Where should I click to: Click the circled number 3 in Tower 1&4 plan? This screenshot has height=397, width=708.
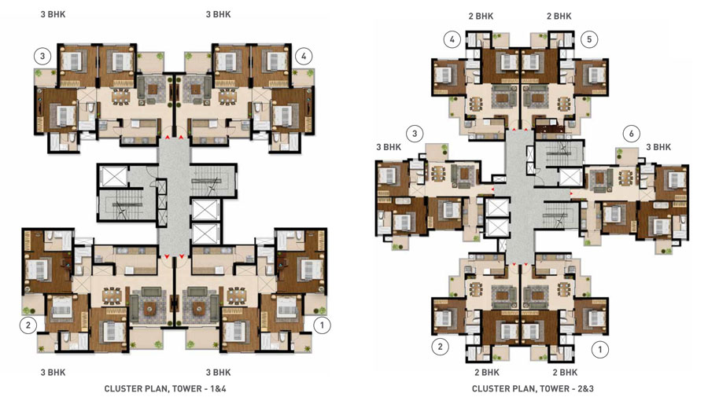pos(42,57)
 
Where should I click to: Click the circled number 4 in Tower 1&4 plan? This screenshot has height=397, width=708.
pos(304,57)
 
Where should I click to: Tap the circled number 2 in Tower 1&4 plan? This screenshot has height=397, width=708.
pos(28,325)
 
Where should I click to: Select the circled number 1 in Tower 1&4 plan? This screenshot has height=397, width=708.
pos(322,325)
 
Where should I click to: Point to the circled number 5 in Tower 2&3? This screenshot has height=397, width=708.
pos(589,39)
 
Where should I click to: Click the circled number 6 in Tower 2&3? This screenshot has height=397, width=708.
pos(631,134)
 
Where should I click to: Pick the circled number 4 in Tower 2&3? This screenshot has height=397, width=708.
pos(452,39)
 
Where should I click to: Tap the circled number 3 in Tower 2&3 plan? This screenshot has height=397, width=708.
pos(415,134)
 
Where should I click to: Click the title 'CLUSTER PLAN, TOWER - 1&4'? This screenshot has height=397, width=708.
pos(165,388)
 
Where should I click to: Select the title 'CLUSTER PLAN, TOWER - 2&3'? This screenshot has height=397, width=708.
pos(533,388)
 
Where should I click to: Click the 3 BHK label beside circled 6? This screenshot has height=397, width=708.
pos(658,147)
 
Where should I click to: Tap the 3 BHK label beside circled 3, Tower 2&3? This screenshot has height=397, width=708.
pos(389,147)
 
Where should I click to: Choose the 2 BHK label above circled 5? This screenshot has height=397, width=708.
pos(559,17)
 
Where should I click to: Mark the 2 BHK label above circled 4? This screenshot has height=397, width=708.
pos(481,17)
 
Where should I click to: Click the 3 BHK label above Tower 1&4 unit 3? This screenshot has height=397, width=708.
pos(53,14)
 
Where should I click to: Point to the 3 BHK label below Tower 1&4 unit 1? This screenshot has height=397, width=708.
pos(218,373)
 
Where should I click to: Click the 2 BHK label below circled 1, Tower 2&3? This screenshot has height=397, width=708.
pos(565,373)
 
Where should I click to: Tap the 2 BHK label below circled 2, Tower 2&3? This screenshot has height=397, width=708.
pos(487,373)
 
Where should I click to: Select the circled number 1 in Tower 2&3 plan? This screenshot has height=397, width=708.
pos(600,349)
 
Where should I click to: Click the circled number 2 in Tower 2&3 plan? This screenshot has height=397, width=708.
pos(441,347)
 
